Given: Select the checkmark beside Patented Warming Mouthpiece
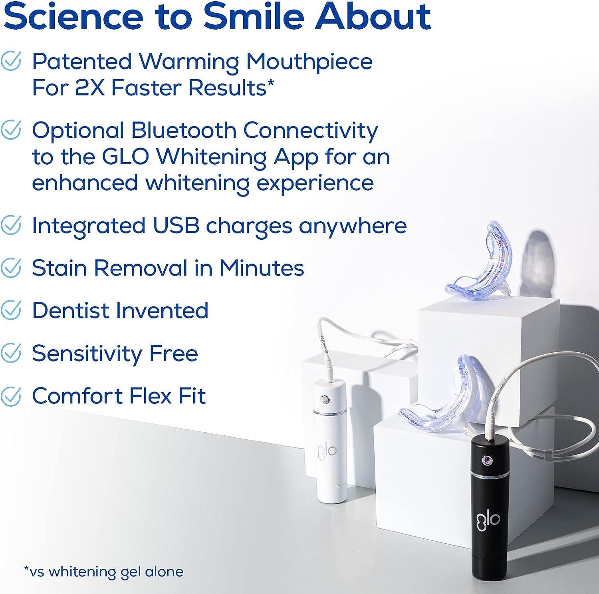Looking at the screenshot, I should pyautogui.click(x=11, y=62).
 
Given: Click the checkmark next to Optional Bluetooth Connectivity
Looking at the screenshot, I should pyautogui.click(x=11, y=130).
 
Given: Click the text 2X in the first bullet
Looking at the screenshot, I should pyautogui.click(x=90, y=88).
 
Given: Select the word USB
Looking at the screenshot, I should pyautogui.click(x=176, y=226).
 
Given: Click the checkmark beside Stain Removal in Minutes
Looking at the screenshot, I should pyautogui.click(x=11, y=268).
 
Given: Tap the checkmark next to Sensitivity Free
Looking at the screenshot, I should pyautogui.click(x=11, y=353).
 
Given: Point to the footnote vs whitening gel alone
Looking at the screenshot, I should pyautogui.click(x=103, y=571).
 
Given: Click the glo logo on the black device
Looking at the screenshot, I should pyautogui.click(x=488, y=520).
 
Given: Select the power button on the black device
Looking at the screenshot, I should pyautogui.click(x=487, y=461).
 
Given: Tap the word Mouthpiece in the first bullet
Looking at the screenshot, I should pyautogui.click(x=309, y=62).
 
